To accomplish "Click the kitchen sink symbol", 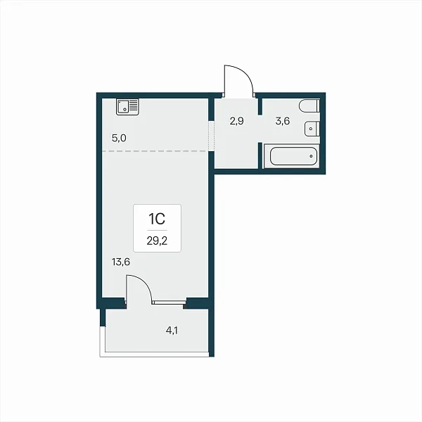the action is click(127, 107).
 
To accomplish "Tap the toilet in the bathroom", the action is click(309, 105).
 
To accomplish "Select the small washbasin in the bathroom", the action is click(312, 129).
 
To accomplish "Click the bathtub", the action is click(292, 156).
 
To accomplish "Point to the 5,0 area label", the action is click(119, 139).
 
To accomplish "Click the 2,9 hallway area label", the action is click(236, 121).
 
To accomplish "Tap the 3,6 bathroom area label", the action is click(283, 121).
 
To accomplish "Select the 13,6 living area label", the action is click(121, 262).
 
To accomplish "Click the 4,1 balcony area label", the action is click(172, 331).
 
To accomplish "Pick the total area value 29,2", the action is click(157, 241).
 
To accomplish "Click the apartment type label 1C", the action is click(157, 219).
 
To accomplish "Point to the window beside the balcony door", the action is click(169, 302).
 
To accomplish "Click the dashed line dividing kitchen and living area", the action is click(155, 151).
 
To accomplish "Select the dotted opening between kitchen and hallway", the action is click(212, 136).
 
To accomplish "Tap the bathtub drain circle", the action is click(311, 156).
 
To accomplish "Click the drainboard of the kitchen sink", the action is click(134, 105).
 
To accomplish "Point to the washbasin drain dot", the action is click(311, 129).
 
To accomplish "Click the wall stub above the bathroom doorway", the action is click(260, 107).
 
